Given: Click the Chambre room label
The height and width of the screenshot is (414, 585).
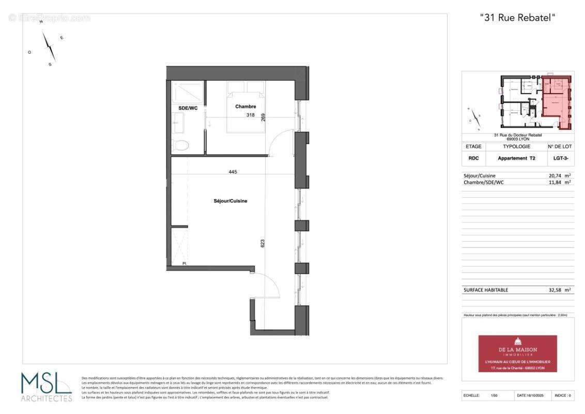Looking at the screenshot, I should coord(245,107).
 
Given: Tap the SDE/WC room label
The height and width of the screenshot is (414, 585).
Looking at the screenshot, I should coord(188,108).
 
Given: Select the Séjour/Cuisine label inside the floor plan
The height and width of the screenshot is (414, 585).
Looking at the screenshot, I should coord(230,201).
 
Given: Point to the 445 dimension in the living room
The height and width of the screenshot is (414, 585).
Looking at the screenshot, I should coord(233,172).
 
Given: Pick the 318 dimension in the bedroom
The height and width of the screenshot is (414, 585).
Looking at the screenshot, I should coord(250,115).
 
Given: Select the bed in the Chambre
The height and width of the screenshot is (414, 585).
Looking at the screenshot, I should coord(246,106).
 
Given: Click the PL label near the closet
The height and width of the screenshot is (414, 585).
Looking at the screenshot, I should coord(184,264).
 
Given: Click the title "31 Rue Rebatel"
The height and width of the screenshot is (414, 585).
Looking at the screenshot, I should coord(518,18).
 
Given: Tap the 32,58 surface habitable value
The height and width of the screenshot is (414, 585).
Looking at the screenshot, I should coord(557,290).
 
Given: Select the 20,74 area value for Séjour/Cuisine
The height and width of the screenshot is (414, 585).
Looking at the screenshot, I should coord(557,175).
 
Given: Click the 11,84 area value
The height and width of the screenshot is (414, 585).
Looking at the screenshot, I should coord(557,182).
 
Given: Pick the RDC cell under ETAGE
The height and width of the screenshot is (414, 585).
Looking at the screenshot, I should coord(473,158).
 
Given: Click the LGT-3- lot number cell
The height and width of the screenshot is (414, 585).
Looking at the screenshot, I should coord(561,158).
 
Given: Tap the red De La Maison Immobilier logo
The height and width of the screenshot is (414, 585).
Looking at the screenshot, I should coord(517,353).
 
